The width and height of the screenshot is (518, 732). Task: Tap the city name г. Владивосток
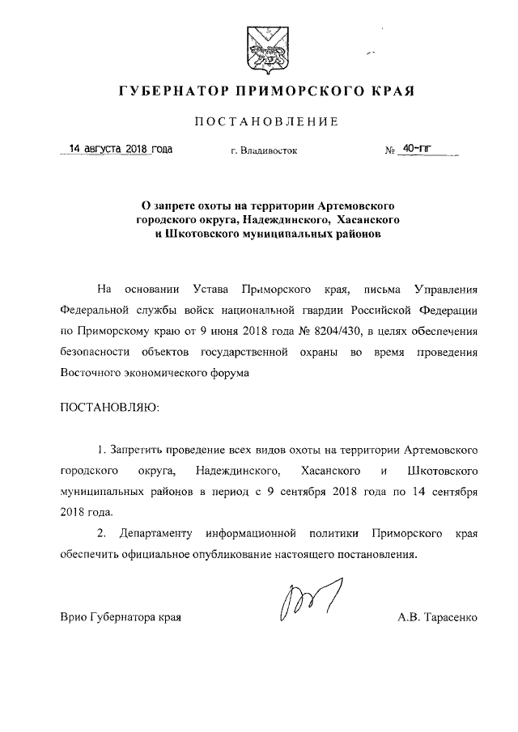pyautogui.click(x=264, y=150)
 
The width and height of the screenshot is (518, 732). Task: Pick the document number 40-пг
pyautogui.click(x=418, y=150)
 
